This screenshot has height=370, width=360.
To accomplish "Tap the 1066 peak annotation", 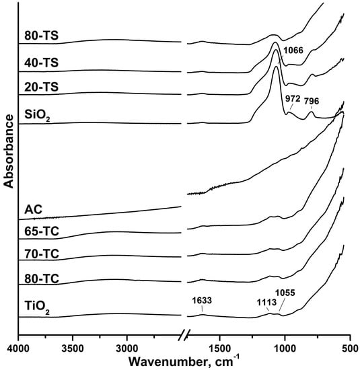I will pos(293,50).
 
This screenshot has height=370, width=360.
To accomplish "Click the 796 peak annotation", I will pos(312,101).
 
